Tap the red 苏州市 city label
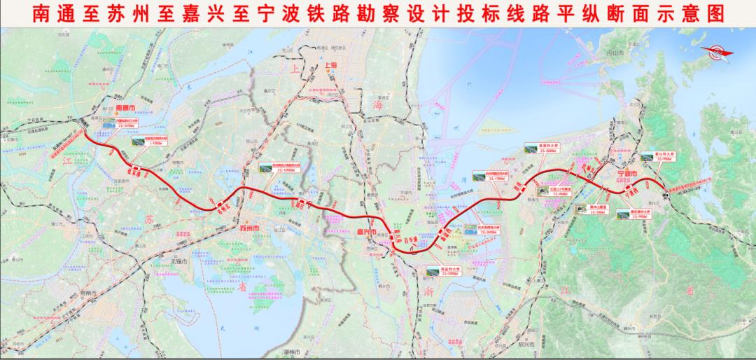(248, 229)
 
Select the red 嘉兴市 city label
(365, 233)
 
